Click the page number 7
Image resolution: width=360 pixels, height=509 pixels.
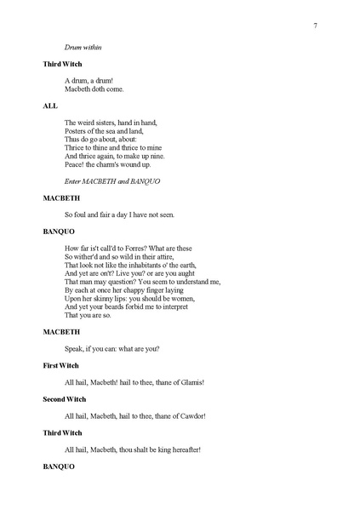click(315, 26)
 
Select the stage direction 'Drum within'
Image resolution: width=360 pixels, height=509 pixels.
click(83, 47)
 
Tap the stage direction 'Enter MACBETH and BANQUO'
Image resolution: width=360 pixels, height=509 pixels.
click(112, 181)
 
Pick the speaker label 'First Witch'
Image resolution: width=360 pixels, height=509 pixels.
click(61, 365)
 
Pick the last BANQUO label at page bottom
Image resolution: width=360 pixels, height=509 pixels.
click(59, 466)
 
